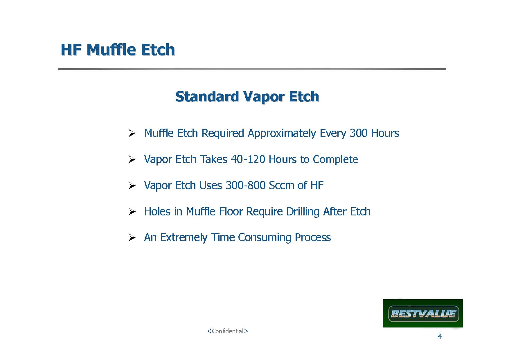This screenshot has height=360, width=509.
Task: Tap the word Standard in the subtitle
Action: coord(207,96)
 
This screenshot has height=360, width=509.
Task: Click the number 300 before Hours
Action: coord(359,133)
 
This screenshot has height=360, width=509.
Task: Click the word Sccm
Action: coord(281,186)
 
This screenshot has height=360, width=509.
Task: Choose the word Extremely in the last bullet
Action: coord(184,238)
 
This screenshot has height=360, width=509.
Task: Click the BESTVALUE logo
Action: coord(423,314)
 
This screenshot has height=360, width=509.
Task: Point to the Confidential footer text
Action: coord(228,331)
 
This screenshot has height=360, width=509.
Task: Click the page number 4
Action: coord(440,336)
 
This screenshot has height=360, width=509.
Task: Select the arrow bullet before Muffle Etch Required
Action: coord(132,134)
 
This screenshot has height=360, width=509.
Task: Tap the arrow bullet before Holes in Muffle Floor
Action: coord(132,212)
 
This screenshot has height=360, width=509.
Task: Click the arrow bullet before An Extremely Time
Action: coord(132,238)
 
